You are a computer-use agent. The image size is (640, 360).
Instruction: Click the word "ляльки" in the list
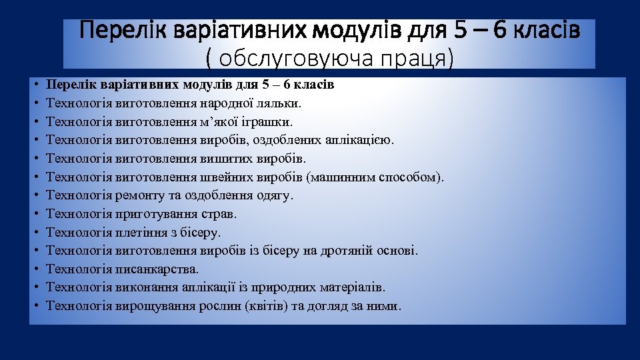(281, 104)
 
